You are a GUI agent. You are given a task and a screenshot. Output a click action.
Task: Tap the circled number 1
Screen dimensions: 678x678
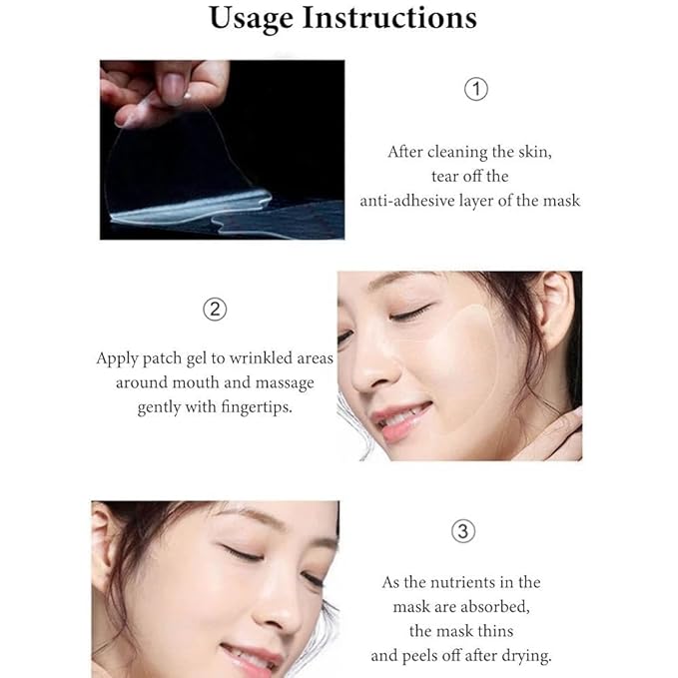pyautogui.click(x=476, y=89)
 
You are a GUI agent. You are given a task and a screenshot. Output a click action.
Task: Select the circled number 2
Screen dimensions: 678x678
pyautogui.click(x=214, y=310)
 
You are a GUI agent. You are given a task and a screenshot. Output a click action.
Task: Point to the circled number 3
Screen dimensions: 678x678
pyautogui.click(x=462, y=531)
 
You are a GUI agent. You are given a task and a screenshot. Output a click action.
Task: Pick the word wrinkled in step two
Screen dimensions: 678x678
pyautogui.click(x=257, y=357)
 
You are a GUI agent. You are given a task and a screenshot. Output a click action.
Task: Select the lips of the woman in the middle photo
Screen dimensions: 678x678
pyautogui.click(x=403, y=420)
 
